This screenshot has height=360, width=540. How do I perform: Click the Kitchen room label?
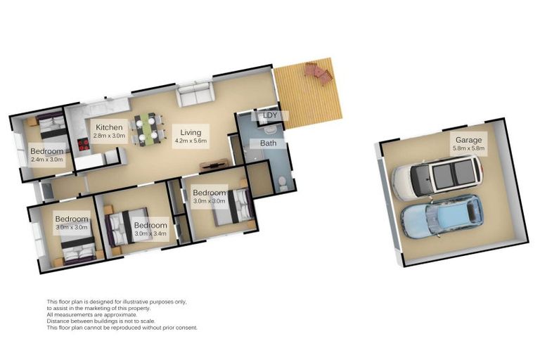click(x=109, y=127)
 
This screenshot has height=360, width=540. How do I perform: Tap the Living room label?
click(x=191, y=132)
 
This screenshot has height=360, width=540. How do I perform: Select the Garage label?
click(x=469, y=140)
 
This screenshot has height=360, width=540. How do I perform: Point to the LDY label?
click(x=270, y=115)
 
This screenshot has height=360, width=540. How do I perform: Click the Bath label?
click(x=269, y=143)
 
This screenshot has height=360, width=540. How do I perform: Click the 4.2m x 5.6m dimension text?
click(x=191, y=141)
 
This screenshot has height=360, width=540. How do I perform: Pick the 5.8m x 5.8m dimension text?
click(x=469, y=148)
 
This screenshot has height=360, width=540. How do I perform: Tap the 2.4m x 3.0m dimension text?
click(x=47, y=160)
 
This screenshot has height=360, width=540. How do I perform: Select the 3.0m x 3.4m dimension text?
click(x=150, y=233)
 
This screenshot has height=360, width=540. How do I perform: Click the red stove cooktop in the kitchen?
click(x=84, y=144)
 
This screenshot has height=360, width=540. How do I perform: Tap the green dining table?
click(x=146, y=128)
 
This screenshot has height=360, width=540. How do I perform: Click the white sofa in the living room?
click(x=195, y=94)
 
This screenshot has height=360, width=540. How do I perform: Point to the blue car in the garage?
click(x=442, y=217)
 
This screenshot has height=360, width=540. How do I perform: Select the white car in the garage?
click(x=437, y=177)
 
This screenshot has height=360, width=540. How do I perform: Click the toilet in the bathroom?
click(x=283, y=183)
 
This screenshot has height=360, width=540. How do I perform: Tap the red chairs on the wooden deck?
click(x=319, y=72)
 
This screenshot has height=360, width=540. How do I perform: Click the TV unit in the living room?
click(x=214, y=165)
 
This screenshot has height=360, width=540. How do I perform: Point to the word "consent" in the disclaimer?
click(x=186, y=328)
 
